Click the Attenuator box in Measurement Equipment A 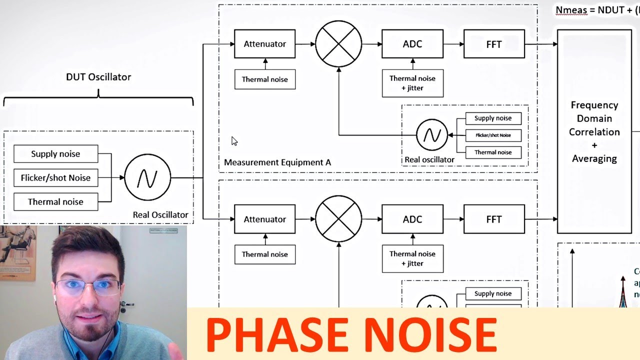(264, 44)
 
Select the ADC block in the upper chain (412, 44)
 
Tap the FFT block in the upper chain (494, 44)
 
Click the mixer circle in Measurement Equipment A (338, 43)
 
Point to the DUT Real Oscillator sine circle (147, 177)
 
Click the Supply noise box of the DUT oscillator (55, 154)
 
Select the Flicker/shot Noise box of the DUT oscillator (55, 177)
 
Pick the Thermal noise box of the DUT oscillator (55, 201)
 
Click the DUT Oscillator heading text (98, 77)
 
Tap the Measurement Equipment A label (277, 162)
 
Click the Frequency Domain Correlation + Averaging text (594, 132)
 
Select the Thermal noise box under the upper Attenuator (264, 79)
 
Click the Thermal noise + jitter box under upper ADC (412, 83)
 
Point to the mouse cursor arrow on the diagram (234, 141)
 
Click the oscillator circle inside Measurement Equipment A (432, 135)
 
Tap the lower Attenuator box (264, 219)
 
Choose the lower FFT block (494, 219)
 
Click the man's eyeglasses (88, 286)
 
